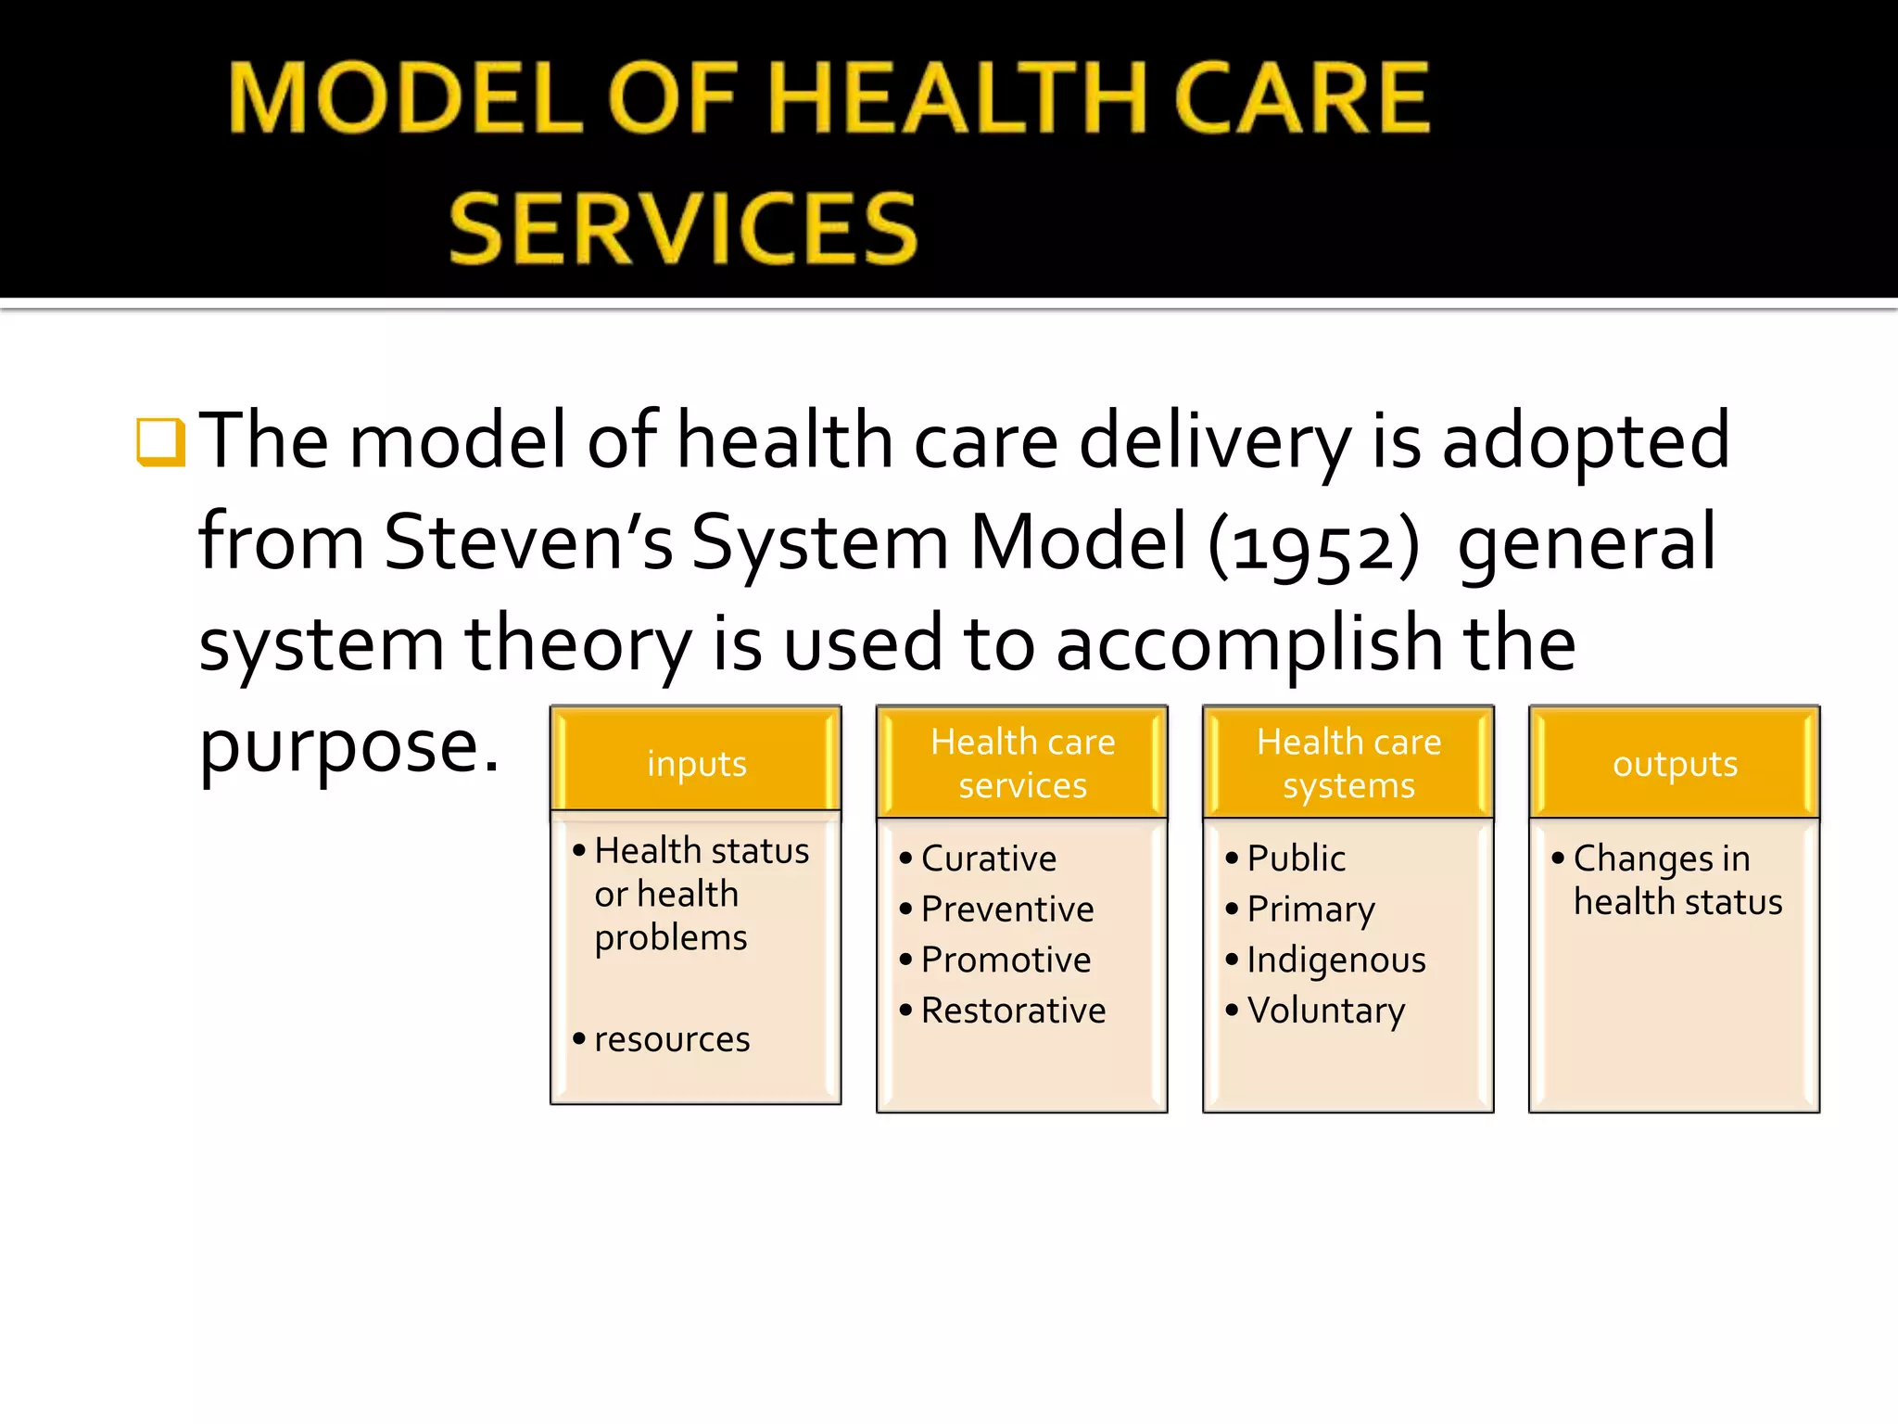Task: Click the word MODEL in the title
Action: tap(406, 98)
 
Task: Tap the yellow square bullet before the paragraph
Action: tap(160, 441)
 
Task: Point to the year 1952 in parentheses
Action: tap(1313, 545)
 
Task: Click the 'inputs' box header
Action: tap(696, 764)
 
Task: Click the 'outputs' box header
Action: tap(1675, 764)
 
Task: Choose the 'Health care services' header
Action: tap(1022, 763)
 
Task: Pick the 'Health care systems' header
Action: tap(1348, 763)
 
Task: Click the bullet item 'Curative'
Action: tap(988, 858)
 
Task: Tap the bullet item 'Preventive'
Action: tap(1006, 909)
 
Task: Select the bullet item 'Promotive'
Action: tap(1006, 960)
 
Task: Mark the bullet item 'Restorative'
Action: tap(1013, 1011)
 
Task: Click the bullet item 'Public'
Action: tap(1296, 858)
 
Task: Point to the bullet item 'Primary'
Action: tap(1310, 909)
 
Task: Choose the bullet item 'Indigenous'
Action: tap(1335, 960)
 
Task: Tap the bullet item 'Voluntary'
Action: tap(1325, 1011)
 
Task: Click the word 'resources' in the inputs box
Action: tap(672, 1039)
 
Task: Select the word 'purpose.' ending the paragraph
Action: tap(349, 747)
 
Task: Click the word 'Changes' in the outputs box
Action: tap(1642, 859)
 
